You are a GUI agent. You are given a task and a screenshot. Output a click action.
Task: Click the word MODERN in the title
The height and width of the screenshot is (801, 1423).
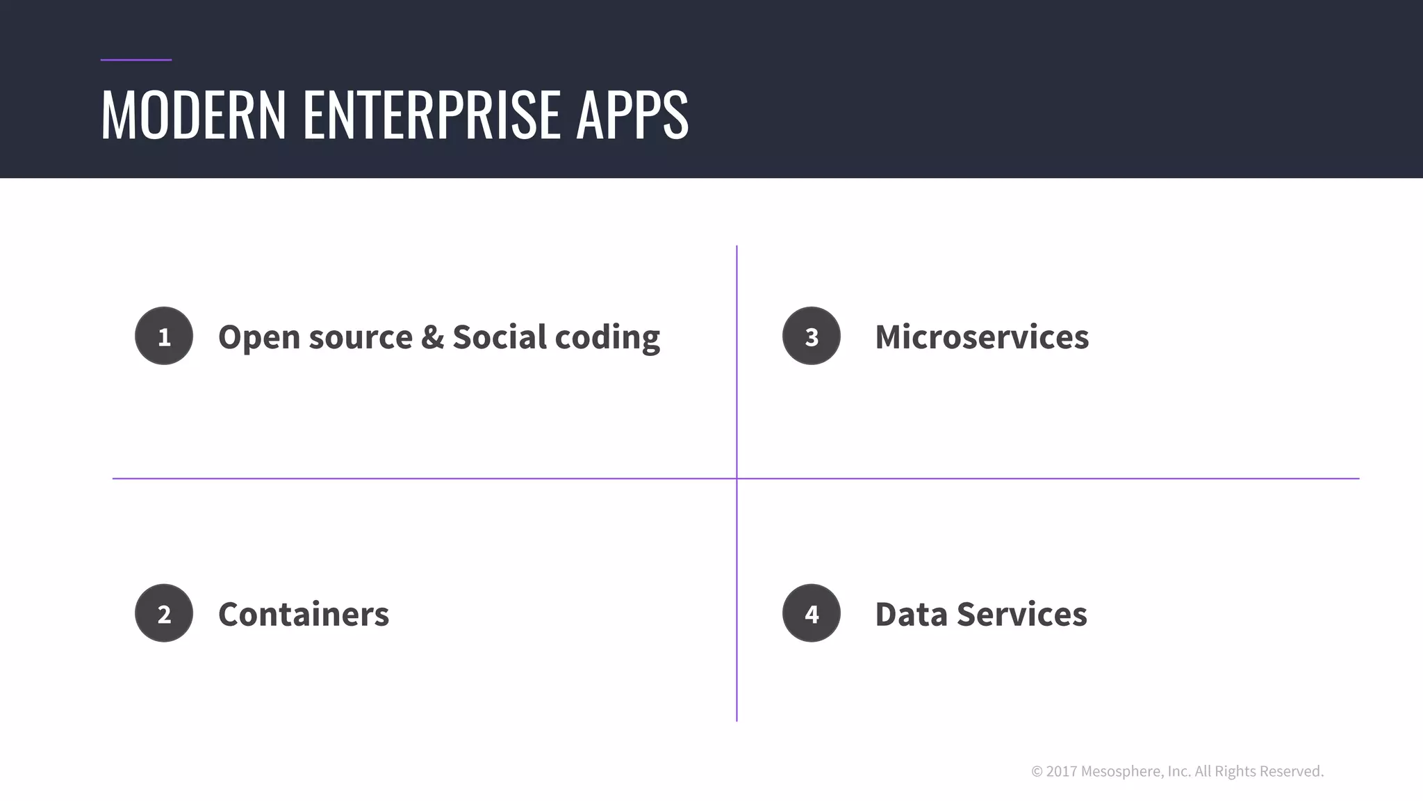tap(193, 114)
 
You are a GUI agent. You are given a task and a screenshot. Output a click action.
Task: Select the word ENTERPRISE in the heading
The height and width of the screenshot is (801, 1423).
tap(431, 114)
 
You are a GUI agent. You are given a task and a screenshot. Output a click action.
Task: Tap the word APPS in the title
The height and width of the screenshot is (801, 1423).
tap(632, 114)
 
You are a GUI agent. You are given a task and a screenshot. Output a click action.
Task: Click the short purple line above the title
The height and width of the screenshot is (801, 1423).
tap(135, 60)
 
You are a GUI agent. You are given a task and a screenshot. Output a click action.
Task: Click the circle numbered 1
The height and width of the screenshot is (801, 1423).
tap(164, 336)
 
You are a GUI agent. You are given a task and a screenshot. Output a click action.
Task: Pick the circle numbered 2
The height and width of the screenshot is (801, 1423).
tap(164, 613)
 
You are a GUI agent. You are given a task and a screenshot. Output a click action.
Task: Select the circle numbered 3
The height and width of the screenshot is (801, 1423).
tap(811, 336)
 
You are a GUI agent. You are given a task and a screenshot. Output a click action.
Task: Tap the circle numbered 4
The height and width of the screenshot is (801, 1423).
tap(811, 613)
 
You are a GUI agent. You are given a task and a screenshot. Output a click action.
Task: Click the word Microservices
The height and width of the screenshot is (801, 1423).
tap(981, 337)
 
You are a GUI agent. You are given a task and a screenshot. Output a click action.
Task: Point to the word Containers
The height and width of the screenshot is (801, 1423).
tap(304, 615)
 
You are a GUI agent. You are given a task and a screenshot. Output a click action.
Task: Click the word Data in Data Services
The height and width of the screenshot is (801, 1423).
tap(910, 615)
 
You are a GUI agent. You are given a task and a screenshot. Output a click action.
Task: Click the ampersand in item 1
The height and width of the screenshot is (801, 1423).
tap(432, 337)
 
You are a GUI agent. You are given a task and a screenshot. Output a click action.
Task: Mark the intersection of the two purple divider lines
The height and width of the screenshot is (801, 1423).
tap(737, 478)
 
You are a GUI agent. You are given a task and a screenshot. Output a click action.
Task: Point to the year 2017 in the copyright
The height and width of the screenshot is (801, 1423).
tap(1061, 771)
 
